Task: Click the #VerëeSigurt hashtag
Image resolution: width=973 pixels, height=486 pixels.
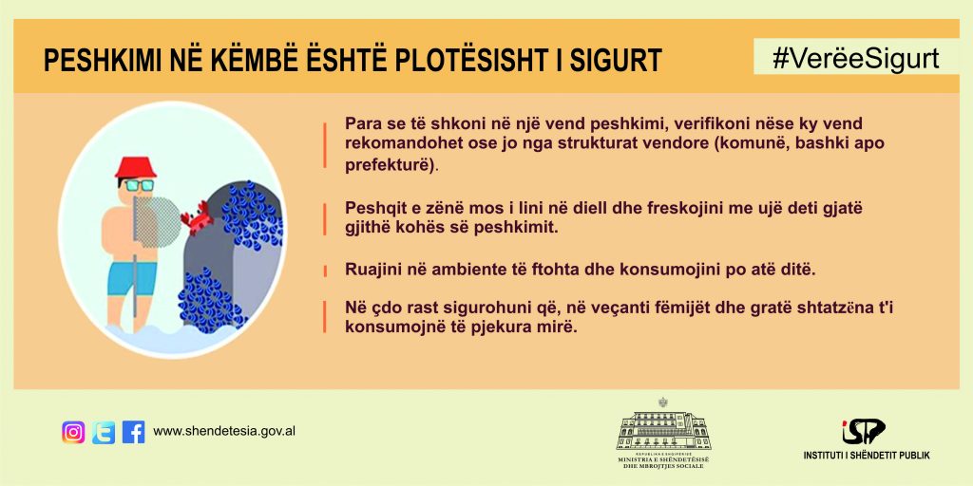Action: pyautogui.click(x=856, y=58)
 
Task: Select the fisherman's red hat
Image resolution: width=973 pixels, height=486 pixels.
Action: pyautogui.click(x=136, y=167)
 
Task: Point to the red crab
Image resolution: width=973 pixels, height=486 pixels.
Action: pyautogui.click(x=198, y=217)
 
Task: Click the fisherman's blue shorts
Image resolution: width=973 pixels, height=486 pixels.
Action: pyautogui.click(x=132, y=278)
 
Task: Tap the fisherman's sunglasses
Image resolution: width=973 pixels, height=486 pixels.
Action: pyautogui.click(x=138, y=185)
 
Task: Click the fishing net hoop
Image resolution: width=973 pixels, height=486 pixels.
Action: pyautogui.click(x=157, y=219)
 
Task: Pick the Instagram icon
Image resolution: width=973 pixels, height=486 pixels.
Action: pyautogui.click(x=73, y=432)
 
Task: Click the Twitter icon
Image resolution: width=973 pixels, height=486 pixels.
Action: pyautogui.click(x=104, y=432)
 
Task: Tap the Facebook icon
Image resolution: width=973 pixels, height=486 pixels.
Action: pyautogui.click(x=133, y=432)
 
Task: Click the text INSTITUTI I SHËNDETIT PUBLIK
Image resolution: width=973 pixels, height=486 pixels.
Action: pyautogui.click(x=867, y=456)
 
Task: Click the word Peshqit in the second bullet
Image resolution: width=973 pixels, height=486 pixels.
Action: pyautogui.click(x=372, y=209)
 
